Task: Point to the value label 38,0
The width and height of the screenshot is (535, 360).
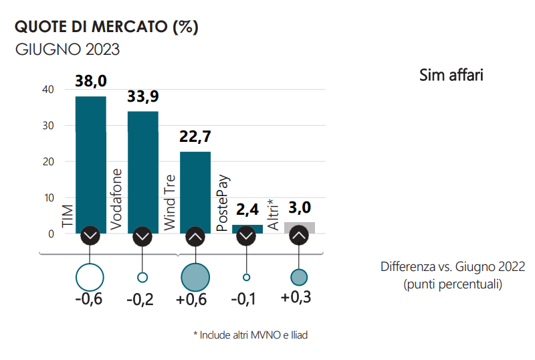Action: [91, 82]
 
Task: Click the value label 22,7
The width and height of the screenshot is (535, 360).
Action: [195, 137]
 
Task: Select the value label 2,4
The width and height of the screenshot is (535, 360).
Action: [247, 210]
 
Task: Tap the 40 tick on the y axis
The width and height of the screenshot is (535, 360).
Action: [47, 90]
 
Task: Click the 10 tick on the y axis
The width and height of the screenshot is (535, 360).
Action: [47, 198]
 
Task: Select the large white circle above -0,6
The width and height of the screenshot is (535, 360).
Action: [90, 276]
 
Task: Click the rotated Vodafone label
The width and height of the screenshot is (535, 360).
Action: [116, 200]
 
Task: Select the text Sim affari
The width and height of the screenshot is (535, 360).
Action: [451, 75]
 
